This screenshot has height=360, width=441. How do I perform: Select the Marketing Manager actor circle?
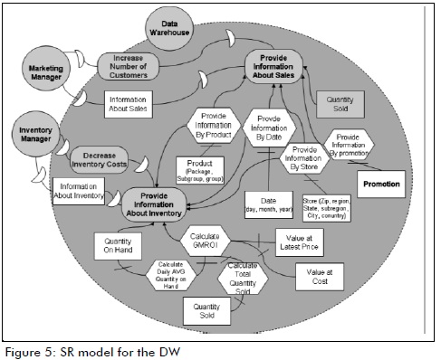click(43, 72)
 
